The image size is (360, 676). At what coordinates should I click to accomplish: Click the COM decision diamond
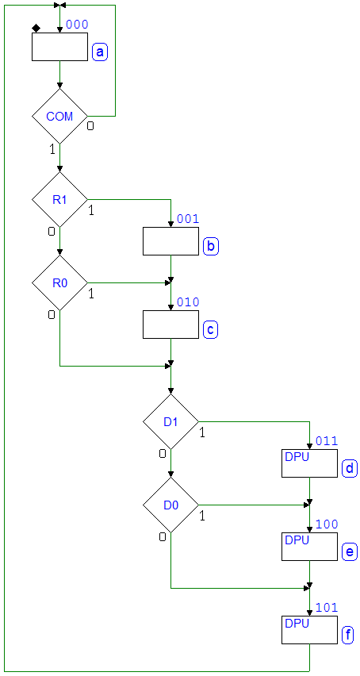coord(59,116)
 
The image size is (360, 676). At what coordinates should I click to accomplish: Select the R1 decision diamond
coord(59,200)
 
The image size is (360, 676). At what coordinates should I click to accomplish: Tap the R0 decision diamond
coord(59,282)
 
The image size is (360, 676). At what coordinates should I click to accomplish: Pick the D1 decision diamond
coord(170,421)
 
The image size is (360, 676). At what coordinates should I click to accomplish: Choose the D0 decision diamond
coord(170,505)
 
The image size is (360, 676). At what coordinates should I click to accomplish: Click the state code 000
coord(77,24)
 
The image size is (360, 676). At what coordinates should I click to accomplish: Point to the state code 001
coord(188,218)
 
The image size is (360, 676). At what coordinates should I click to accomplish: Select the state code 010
coord(188,302)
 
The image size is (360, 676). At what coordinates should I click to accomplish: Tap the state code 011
coord(327,441)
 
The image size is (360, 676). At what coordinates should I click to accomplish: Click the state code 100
coord(327,524)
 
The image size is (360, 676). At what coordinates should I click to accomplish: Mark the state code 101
coord(327,608)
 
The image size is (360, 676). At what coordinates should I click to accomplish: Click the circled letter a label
coord(100,52)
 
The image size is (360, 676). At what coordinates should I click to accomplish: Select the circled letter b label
coord(211,247)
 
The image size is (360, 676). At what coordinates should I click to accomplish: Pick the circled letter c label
coord(211,330)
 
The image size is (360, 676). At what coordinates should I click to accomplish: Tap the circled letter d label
coord(350,469)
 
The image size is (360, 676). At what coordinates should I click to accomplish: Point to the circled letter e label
coord(350,552)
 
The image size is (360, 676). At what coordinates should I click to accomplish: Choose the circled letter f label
coord(348,636)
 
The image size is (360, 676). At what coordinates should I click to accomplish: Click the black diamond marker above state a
coord(36,29)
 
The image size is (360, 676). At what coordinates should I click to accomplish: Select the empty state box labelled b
coord(170,241)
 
